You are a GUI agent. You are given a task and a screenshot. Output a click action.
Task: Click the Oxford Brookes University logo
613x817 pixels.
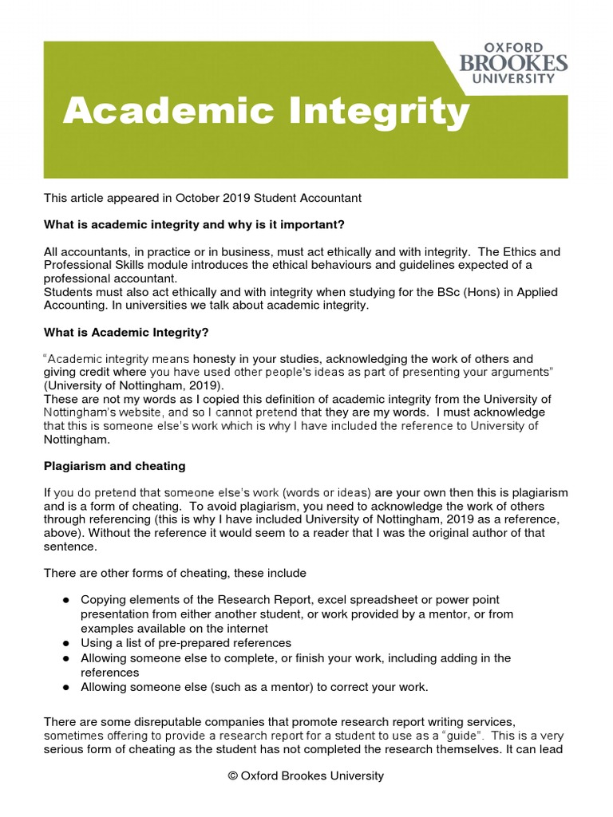513,63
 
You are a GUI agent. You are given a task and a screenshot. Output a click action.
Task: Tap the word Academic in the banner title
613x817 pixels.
161,112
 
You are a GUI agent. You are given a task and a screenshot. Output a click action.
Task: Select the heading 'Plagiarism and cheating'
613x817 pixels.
114,466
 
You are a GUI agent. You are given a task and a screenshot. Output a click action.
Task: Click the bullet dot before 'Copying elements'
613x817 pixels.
66,599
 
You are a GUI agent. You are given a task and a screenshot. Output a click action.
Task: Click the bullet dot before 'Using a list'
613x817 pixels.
66,643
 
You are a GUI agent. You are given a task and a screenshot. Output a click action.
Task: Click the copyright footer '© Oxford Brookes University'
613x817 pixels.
306,776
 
